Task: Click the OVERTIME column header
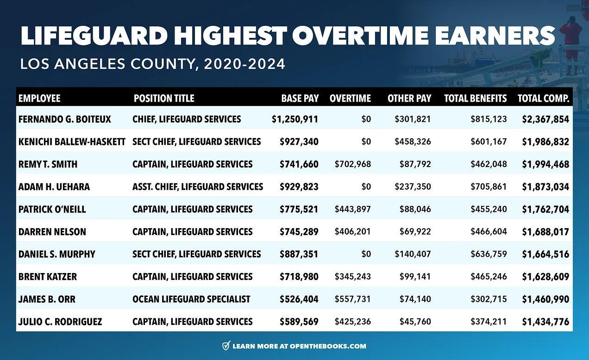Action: pos(350,99)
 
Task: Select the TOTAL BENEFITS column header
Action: pos(475,99)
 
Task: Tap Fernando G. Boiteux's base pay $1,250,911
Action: pos(295,119)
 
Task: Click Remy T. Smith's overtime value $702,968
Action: pos(352,164)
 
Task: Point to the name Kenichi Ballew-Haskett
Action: pos(72,142)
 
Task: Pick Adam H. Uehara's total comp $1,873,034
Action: pos(545,187)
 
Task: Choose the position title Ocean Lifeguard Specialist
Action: pos(191,299)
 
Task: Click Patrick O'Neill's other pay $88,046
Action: pos(415,209)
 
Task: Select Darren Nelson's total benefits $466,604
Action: pos(489,232)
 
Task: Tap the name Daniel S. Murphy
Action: pos(57,254)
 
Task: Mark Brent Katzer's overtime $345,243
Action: pos(352,277)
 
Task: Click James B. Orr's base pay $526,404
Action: pos(299,299)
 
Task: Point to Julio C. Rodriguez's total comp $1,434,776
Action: pos(545,322)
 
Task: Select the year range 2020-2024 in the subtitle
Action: pos(244,64)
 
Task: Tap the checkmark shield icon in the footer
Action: pos(226,346)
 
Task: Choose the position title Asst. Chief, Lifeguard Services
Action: pos(198,187)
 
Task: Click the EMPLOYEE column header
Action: pos(39,99)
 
